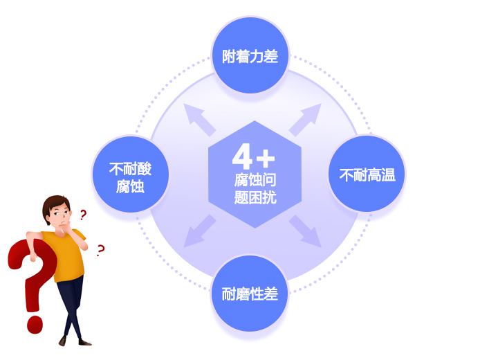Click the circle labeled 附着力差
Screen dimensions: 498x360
pos(250,55)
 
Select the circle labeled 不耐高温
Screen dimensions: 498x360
pos(367,174)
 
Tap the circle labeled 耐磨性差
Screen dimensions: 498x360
pos(250,294)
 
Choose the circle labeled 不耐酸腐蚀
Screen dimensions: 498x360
pos(130,174)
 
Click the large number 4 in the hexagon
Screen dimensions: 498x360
pos(242,156)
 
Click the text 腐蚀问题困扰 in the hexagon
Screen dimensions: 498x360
pos(255,188)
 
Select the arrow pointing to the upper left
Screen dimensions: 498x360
pos(199,119)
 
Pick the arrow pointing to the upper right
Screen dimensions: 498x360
pos(306,120)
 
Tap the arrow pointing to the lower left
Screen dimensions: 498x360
pos(199,231)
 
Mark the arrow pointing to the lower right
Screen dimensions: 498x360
pos(306,231)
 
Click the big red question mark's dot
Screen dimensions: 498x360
pos(35,325)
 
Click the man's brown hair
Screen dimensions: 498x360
pos(55,205)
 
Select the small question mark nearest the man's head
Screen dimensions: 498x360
pos(83,215)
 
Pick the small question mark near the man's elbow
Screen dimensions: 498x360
pos(100,251)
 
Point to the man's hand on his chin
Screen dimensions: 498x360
pos(67,228)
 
